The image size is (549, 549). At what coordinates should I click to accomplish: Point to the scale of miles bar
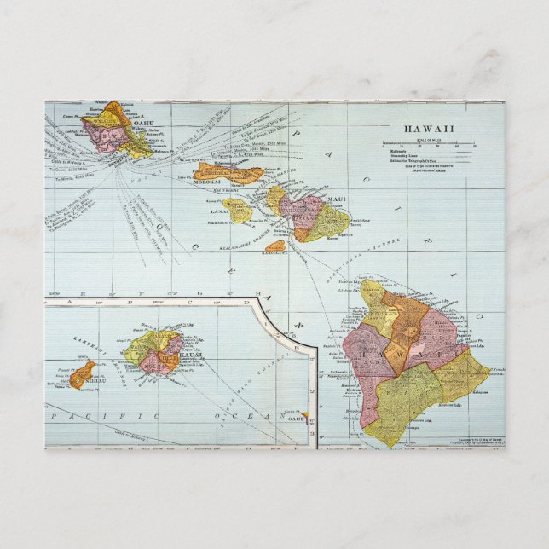coord(431,143)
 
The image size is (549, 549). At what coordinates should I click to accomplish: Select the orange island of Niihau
coord(82,374)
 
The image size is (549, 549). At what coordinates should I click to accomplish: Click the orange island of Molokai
coord(226,172)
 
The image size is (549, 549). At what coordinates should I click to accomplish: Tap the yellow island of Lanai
coord(240,210)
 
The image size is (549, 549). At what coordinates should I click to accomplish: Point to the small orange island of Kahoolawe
coord(275,246)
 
